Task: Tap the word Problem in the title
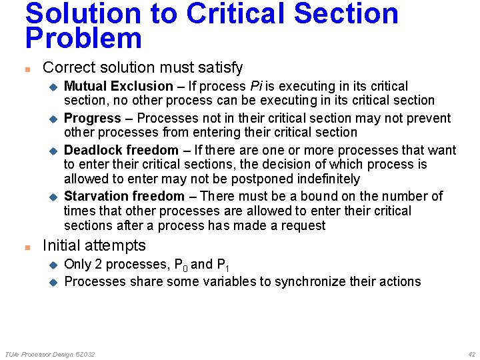point(83,39)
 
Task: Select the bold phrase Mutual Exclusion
point(118,86)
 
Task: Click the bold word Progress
point(92,118)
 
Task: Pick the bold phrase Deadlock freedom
point(121,150)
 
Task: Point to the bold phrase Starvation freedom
point(124,196)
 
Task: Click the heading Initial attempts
point(94,245)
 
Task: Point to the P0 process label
point(178,265)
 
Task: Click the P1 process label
point(223,265)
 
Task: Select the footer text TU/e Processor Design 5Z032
point(49,354)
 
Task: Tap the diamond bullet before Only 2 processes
point(53,265)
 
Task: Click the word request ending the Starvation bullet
point(303,225)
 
